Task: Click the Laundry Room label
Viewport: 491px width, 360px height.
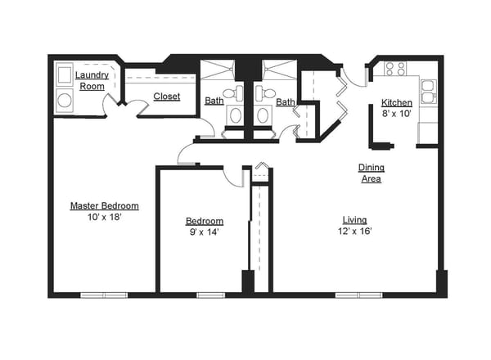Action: (x=92, y=80)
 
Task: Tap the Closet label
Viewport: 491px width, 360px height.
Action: (x=167, y=97)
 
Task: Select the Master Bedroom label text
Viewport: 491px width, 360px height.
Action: (x=104, y=205)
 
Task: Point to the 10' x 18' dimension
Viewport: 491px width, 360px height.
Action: (x=104, y=217)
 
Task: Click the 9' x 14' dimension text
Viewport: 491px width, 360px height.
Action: (x=204, y=232)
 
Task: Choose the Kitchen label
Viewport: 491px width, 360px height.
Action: (x=397, y=103)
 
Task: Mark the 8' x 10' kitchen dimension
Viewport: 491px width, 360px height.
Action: (x=397, y=115)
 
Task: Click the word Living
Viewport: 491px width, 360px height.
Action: (x=354, y=219)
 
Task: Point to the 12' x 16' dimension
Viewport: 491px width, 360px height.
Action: (x=354, y=231)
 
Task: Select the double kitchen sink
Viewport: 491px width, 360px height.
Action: (x=428, y=92)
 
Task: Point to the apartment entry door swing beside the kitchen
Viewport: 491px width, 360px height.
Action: (x=355, y=78)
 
